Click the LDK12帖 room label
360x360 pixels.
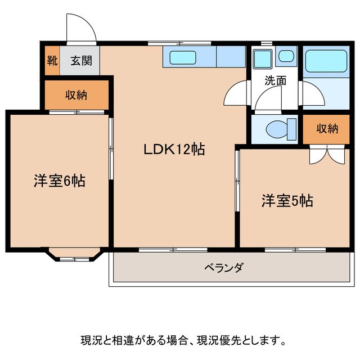173,150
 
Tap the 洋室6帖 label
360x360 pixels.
59,181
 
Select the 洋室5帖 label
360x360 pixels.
287,201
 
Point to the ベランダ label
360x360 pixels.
223,268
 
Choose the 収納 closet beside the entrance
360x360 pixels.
75,95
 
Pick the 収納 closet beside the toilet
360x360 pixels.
327,128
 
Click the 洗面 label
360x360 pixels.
276,80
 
